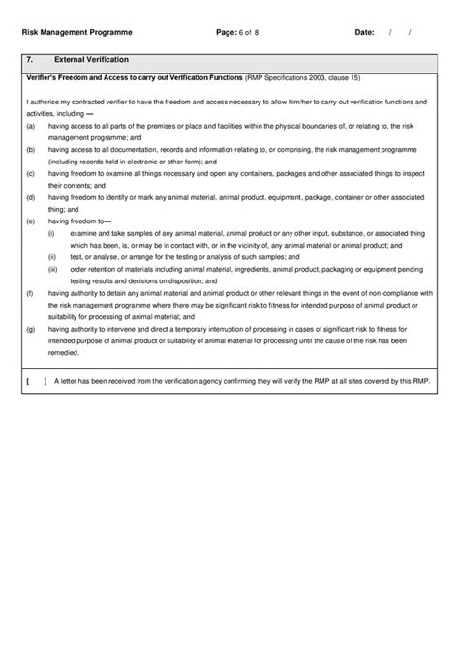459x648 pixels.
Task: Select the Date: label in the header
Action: pos(364,32)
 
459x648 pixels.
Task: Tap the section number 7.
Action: pos(30,60)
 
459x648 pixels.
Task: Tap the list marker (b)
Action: pos(31,150)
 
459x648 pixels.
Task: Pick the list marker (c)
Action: pos(31,173)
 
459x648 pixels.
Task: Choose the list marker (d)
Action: pos(31,197)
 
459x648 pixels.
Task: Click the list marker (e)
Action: pos(31,221)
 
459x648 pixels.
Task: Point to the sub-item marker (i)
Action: pos(51,233)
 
